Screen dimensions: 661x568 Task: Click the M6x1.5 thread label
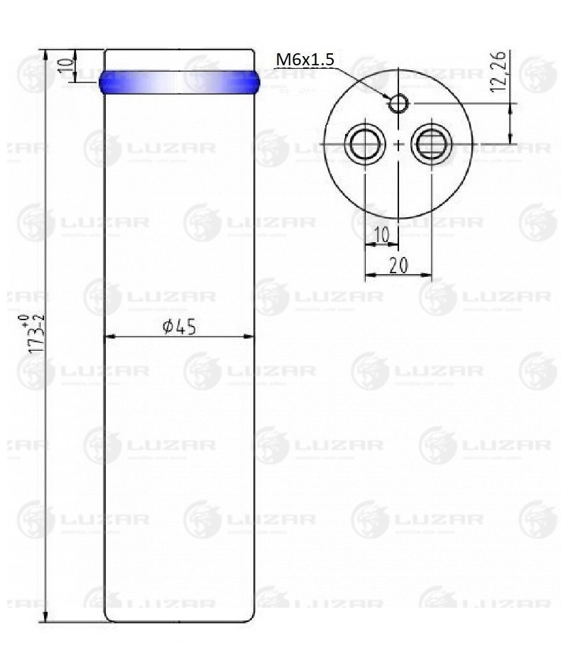tap(304, 60)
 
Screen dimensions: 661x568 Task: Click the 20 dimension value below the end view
tap(398, 265)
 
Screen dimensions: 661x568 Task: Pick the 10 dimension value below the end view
tap(381, 235)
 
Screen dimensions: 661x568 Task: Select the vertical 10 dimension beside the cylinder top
tap(65, 65)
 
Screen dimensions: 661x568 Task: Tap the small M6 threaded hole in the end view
tap(398, 104)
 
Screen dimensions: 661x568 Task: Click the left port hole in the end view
tap(364, 145)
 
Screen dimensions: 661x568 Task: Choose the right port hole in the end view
tap(431, 145)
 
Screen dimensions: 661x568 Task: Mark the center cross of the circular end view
tap(398, 145)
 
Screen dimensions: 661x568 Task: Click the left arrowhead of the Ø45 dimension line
tap(109, 337)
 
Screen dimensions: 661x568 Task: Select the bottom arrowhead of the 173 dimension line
tap(45, 617)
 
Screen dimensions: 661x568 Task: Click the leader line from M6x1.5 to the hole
tap(362, 80)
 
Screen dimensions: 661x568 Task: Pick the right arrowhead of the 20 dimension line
tap(428, 274)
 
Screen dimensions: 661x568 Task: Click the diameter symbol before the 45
tap(168, 327)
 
